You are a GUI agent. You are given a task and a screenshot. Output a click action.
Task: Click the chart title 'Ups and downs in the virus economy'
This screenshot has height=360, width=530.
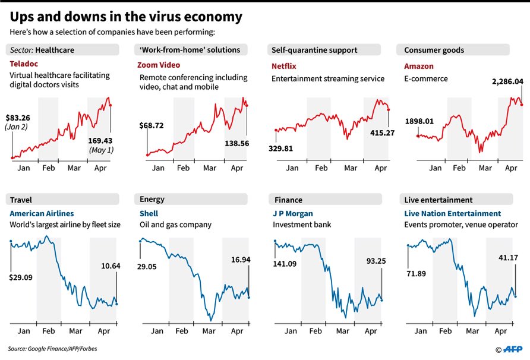pyautogui.click(x=125, y=16)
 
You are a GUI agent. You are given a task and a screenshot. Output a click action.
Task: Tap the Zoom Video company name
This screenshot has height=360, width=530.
pyautogui.click(x=160, y=65)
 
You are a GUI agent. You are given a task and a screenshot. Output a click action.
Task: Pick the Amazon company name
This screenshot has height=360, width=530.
pyautogui.click(x=419, y=65)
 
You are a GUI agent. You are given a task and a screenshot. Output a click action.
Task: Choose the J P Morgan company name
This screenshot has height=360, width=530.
pyautogui.click(x=292, y=213)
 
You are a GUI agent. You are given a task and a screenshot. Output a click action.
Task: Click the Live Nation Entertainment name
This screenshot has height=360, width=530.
pyautogui.click(x=452, y=213)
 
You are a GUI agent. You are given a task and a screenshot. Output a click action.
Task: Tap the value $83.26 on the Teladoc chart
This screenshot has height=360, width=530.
pyautogui.click(x=23, y=117)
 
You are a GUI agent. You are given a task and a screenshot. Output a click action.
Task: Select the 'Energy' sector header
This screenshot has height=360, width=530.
pyautogui.click(x=152, y=200)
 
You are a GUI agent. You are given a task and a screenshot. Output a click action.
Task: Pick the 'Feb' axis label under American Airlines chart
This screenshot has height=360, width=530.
pyautogui.click(x=48, y=331)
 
